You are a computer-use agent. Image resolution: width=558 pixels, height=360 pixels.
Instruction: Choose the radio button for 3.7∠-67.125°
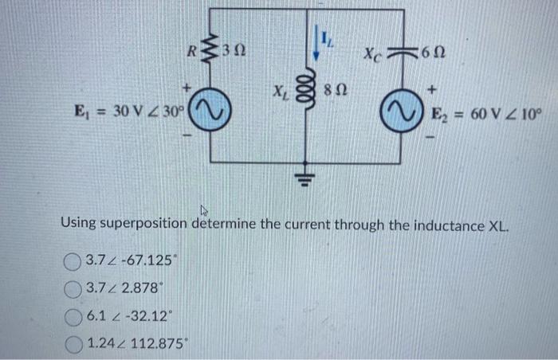click(73, 260)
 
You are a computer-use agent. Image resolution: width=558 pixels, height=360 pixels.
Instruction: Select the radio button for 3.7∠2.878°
click(73, 287)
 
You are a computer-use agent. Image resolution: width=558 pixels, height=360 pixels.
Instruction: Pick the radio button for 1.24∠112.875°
click(73, 343)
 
